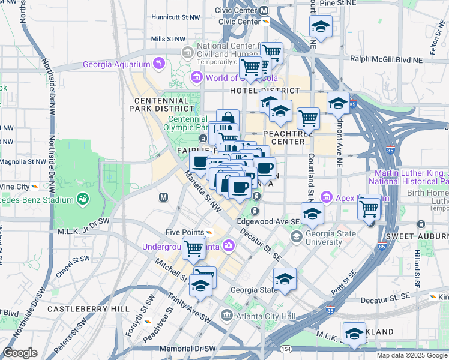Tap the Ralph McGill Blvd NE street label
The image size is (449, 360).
394,59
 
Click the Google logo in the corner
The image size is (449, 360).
20,353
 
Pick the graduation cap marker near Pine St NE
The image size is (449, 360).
321,26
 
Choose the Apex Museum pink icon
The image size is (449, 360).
327,196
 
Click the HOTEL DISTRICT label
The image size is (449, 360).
265,91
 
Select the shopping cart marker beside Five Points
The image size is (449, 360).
194,247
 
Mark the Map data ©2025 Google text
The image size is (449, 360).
411,355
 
